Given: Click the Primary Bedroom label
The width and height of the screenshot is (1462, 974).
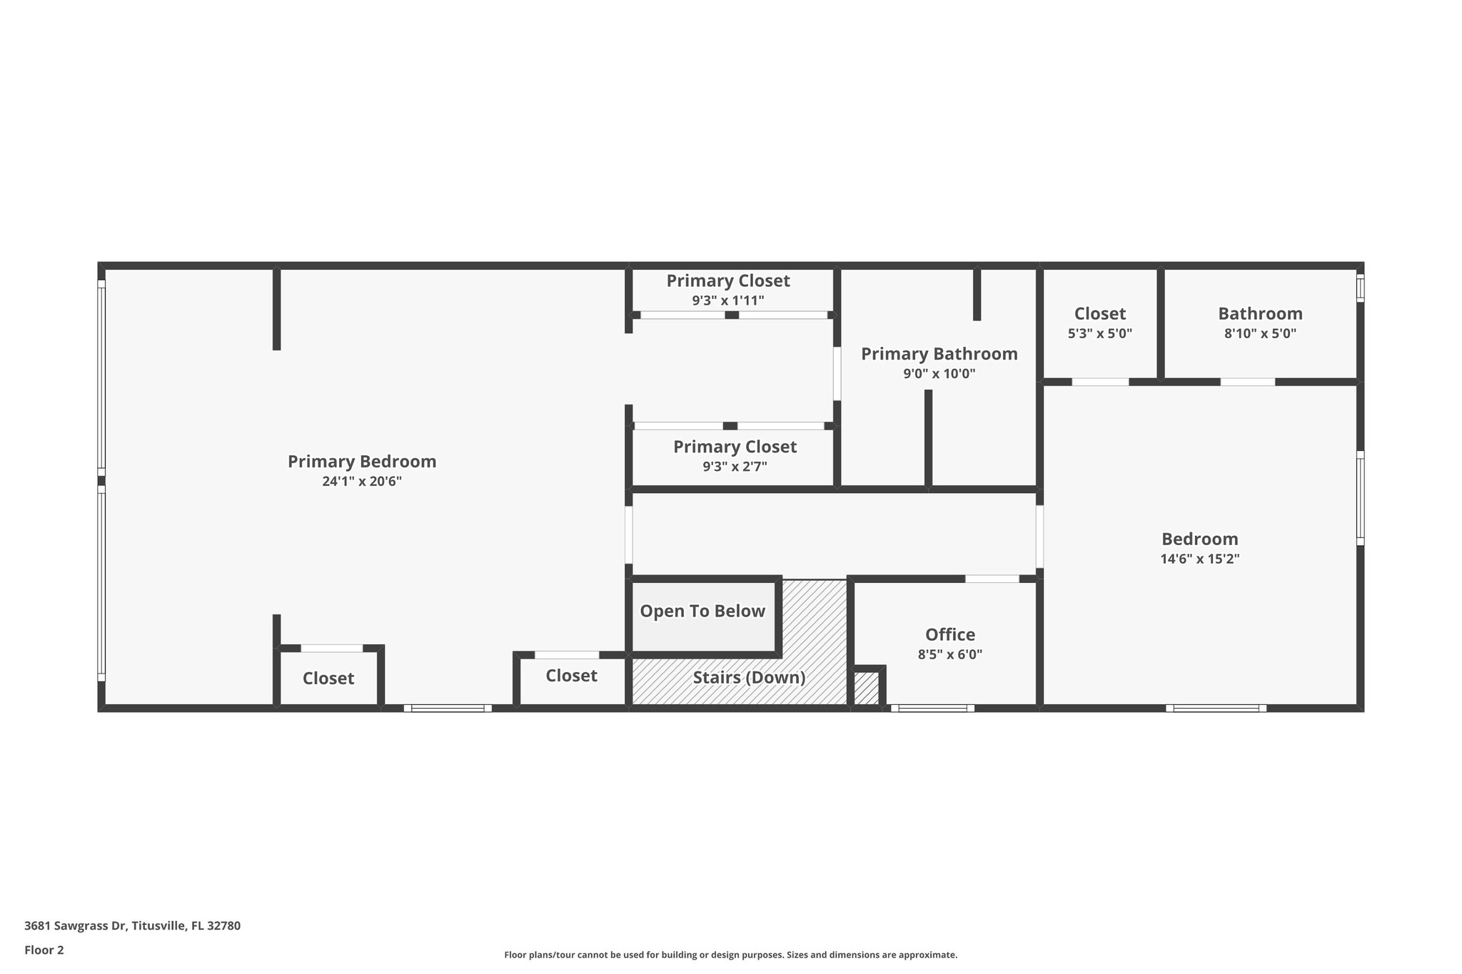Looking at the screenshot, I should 362,462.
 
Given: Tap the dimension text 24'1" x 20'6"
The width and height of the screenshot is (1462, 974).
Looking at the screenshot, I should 362,482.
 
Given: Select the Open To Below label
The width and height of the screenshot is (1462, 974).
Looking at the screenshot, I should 702,612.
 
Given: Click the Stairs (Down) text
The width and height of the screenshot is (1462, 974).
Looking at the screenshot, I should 749,677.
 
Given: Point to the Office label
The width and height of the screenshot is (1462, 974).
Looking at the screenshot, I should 950,634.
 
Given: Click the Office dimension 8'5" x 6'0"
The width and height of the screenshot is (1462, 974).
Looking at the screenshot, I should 950,654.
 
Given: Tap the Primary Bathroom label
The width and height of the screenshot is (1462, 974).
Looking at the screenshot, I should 939,354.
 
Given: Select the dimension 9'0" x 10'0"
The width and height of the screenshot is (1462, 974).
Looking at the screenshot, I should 939,374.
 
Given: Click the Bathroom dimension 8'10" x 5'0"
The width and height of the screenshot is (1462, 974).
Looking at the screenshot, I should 1260,333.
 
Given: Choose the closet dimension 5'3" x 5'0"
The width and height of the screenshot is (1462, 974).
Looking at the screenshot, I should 1099,333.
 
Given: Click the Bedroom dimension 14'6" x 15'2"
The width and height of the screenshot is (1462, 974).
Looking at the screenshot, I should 1199,559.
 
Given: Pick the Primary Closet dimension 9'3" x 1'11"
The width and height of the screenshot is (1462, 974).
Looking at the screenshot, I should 727,301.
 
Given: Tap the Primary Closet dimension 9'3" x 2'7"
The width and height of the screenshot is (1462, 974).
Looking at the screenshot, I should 735,467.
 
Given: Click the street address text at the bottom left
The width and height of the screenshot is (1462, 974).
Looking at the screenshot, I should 132,926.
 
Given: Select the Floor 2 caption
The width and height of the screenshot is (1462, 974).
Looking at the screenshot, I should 44,950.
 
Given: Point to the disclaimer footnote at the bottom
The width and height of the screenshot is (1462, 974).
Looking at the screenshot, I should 730,955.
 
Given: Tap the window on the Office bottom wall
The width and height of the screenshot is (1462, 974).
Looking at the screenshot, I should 932,708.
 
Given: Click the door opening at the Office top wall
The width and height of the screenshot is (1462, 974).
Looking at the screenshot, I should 992,579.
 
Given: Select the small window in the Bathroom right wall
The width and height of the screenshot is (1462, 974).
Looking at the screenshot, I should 1360,288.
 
